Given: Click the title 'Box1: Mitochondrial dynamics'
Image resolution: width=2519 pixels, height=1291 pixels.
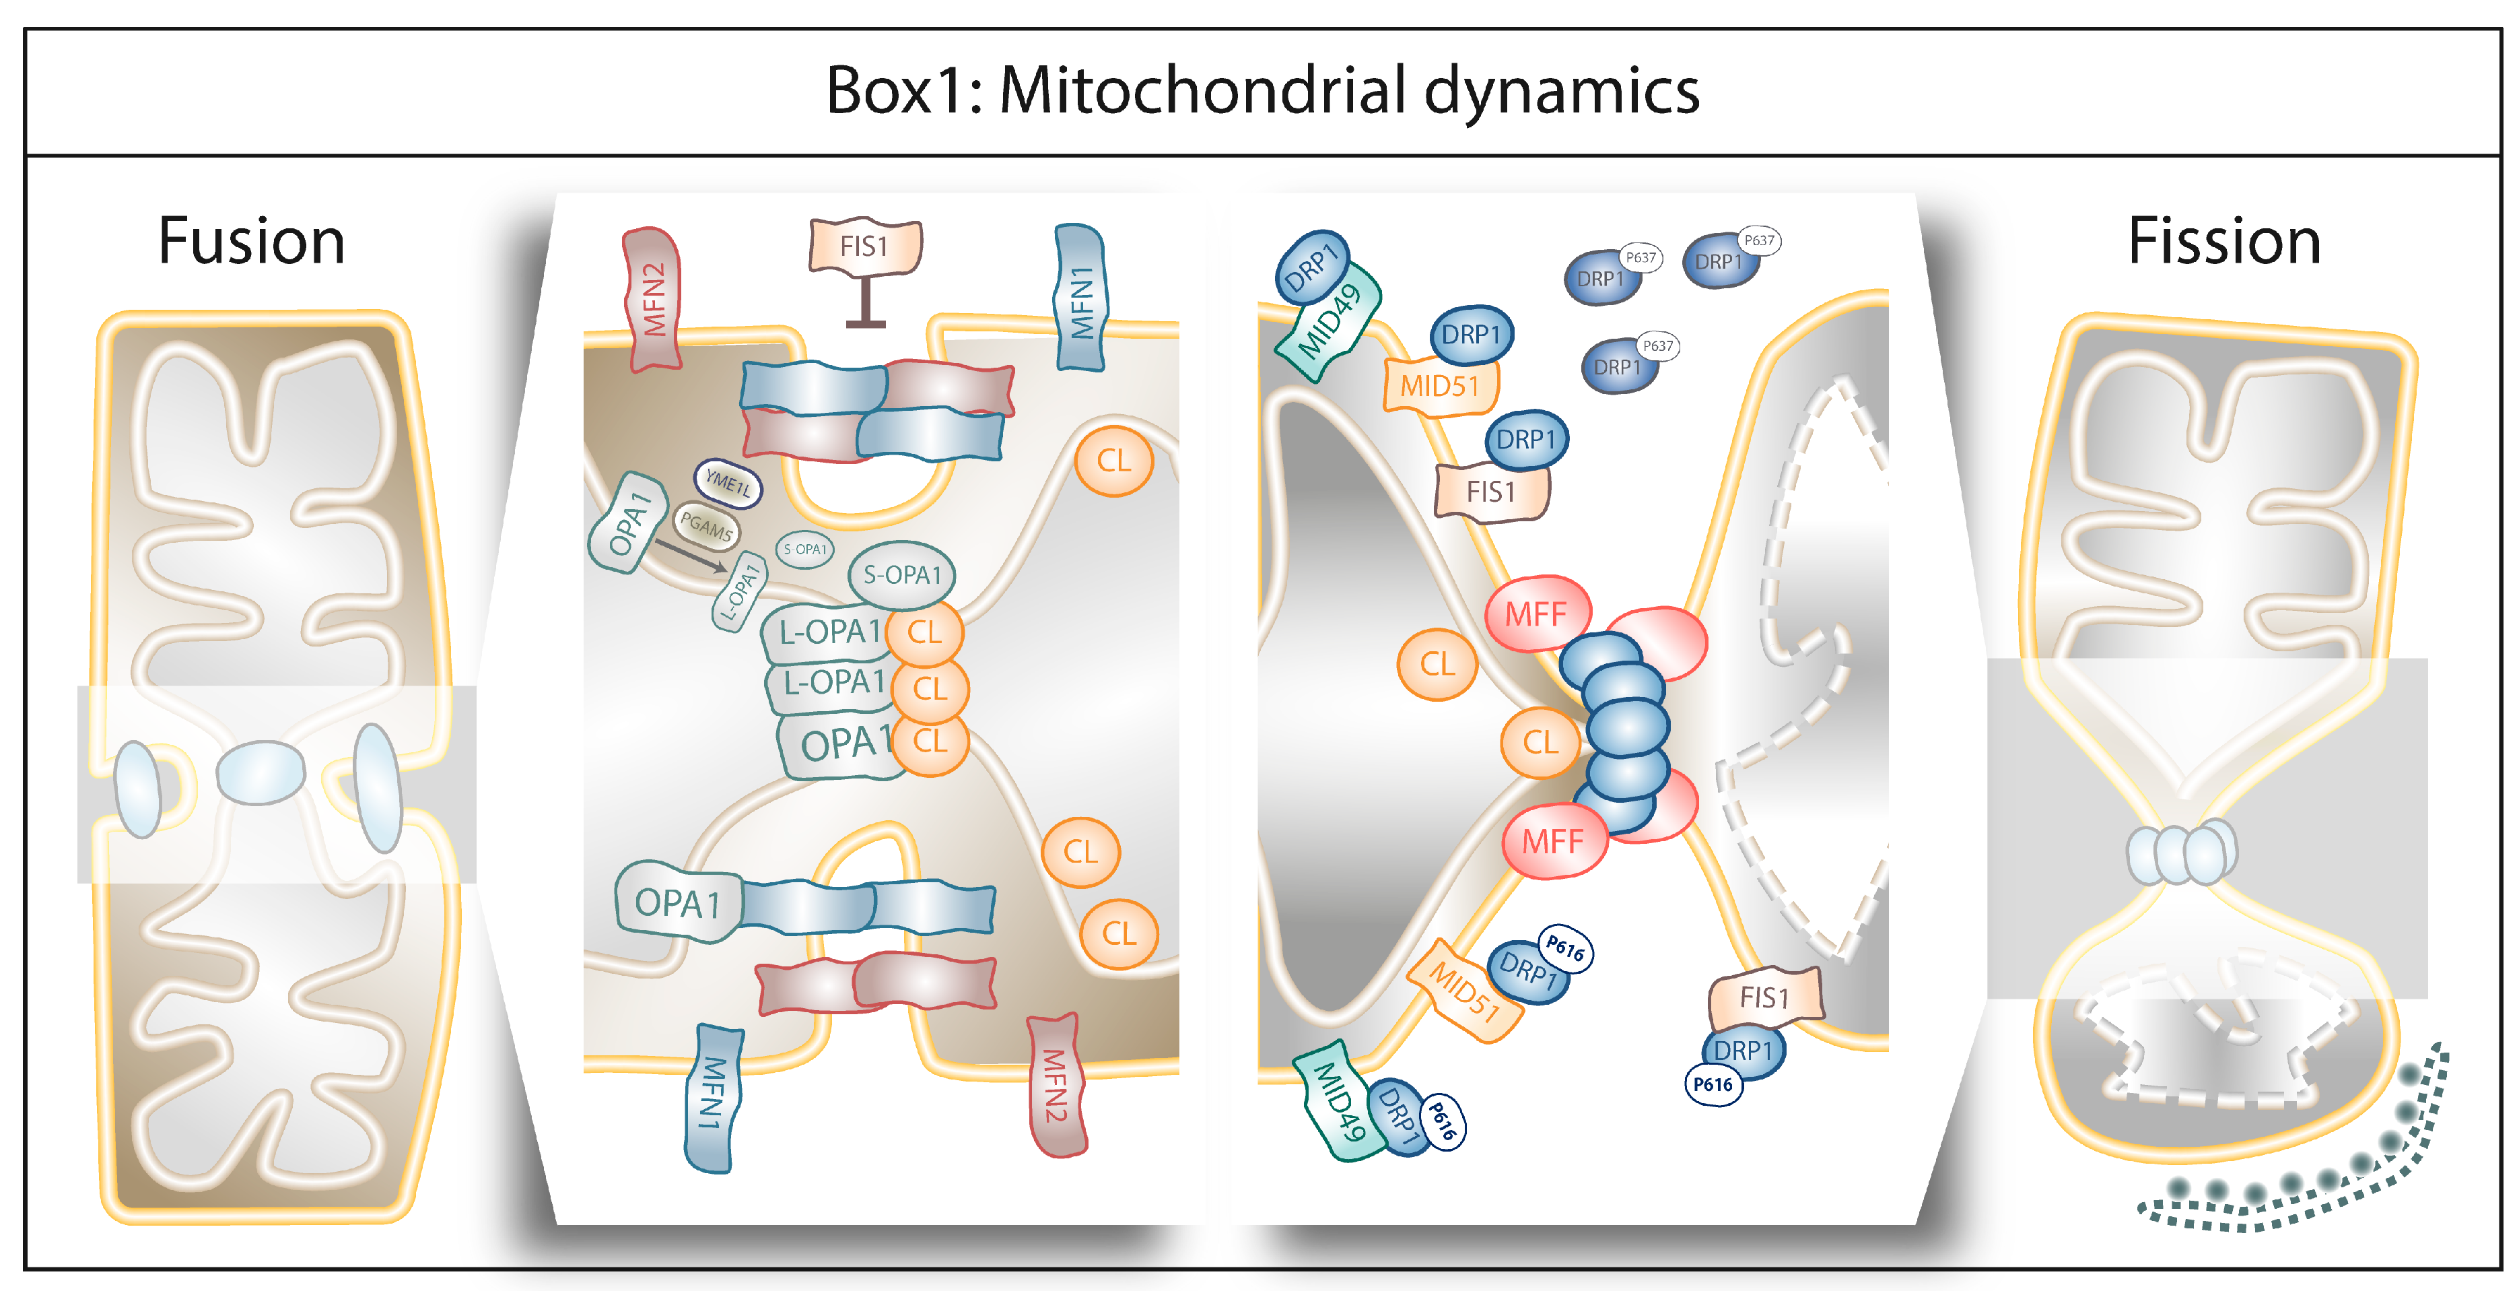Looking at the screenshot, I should pos(1262,91).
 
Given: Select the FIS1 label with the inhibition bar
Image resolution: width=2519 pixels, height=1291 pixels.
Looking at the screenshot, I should pos(864,246).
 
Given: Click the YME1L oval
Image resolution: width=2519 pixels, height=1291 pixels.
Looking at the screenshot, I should pos(728,482).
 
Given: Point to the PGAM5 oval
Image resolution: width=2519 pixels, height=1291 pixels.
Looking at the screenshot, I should pos(706,527).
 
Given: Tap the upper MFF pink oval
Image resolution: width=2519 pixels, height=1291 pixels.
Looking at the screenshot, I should pos(1535,614).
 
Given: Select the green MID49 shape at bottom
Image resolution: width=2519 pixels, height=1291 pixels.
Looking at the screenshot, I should pos(1338,1103).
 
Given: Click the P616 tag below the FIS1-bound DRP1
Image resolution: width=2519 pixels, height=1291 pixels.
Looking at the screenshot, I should pos(1713,1085).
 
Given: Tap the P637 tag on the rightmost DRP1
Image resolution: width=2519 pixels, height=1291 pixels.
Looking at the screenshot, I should pos(1759,240).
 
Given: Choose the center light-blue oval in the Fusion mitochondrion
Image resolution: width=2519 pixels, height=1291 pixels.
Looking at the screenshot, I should pos(260,772).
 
